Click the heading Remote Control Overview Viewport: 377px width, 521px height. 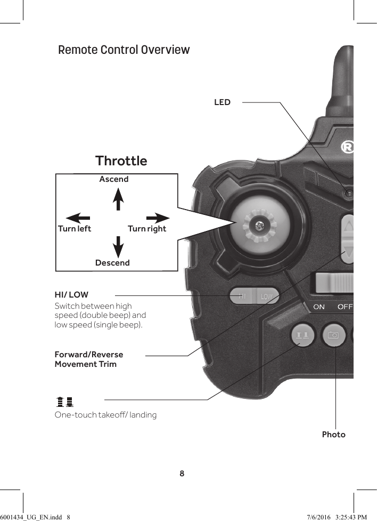click(124, 50)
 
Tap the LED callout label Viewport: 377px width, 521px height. click(222, 102)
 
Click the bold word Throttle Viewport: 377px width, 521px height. click(121, 161)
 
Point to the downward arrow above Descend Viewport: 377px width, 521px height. click(118, 246)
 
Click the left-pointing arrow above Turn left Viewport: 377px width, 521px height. click(77, 218)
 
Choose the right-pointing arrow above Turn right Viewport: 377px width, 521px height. click(158, 218)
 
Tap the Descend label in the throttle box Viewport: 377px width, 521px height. click(112, 263)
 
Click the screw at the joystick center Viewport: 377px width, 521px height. click(259, 226)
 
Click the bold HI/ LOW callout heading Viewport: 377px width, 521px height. click(71, 294)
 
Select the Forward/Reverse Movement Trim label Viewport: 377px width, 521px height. click(88, 359)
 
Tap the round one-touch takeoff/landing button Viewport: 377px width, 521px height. click(302, 335)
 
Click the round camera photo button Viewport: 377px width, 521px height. click(334, 335)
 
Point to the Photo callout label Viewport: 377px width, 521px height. click(333, 435)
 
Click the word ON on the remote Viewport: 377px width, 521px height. click(319, 307)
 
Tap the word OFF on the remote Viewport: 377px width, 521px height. click(345, 307)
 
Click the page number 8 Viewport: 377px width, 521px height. click(182, 474)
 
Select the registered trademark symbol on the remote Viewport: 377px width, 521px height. click(347, 147)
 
